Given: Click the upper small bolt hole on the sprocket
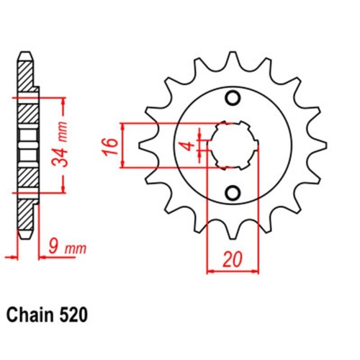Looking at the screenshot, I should (232, 98).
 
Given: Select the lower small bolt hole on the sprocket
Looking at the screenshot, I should (232, 192).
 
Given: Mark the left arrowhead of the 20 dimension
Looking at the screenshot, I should (210, 271).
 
